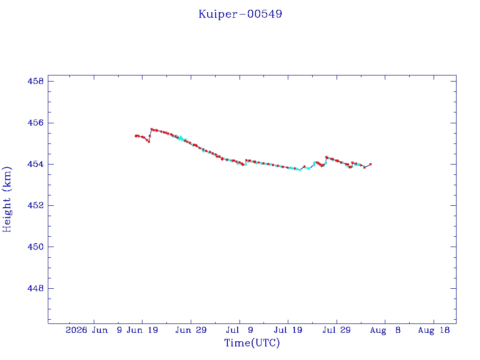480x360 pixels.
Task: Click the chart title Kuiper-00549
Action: [240, 14]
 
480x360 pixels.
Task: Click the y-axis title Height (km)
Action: [7, 199]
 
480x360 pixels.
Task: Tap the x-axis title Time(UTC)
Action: [252, 343]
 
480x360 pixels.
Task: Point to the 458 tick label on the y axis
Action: [36, 81]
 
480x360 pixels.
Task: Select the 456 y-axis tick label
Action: [36, 123]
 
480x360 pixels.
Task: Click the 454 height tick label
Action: [36, 164]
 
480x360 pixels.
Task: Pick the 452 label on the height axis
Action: [36, 205]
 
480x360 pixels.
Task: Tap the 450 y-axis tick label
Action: [36, 247]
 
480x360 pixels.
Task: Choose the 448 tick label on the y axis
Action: [36, 288]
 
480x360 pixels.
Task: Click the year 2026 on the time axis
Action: [76, 330]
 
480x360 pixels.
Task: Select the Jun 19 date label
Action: [142, 330]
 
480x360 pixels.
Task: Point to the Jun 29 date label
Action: [191, 330]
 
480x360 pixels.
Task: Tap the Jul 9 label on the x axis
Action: [240, 330]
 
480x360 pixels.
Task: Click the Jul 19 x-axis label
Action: [288, 330]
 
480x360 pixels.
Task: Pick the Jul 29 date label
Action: [337, 330]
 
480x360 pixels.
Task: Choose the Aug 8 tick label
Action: [385, 330]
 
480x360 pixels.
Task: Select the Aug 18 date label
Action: [434, 330]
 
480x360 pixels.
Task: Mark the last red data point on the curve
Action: [370, 165]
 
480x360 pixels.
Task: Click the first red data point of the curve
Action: [135, 136]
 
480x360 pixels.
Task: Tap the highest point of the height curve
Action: [151, 129]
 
